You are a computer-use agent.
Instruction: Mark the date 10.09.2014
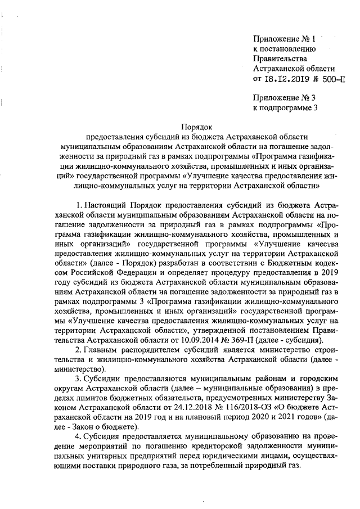[x=210, y=341]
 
